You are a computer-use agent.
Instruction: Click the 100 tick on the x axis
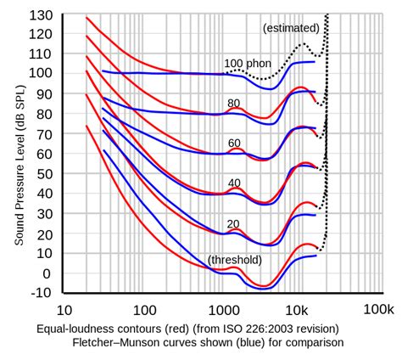tap(144, 311)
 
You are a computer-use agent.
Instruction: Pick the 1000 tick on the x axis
tap(222, 311)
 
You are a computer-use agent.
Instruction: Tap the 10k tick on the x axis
tap(298, 311)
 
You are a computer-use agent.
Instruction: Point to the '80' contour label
tap(234, 103)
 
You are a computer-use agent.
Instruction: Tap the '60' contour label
tap(234, 143)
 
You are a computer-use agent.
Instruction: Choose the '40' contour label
tap(234, 183)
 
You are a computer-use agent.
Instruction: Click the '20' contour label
tap(234, 223)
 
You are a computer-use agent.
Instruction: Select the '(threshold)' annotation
tap(235, 260)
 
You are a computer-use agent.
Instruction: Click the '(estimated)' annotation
tap(292, 27)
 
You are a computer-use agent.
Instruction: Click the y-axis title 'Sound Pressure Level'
tap(18, 161)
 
